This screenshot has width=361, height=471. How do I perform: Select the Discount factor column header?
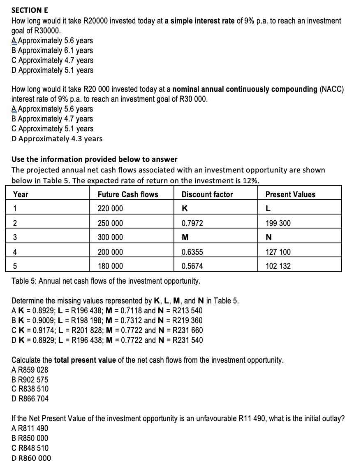[207, 194]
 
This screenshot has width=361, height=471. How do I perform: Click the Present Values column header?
[290, 194]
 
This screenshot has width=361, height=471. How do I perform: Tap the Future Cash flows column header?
[128, 194]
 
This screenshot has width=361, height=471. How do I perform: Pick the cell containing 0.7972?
[192, 223]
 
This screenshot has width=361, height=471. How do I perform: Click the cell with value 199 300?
[278, 223]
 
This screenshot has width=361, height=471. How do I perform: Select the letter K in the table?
[185, 209]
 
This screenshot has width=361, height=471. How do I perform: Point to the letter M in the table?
[185, 238]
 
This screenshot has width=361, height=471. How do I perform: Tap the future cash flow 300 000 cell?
[110, 238]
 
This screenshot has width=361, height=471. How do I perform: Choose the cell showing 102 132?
[278, 266]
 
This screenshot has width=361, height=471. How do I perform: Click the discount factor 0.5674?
[192, 266]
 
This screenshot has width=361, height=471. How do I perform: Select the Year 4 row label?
[15, 252]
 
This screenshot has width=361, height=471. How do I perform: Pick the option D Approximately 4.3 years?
[57, 139]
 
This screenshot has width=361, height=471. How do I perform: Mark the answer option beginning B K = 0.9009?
[107, 320]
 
